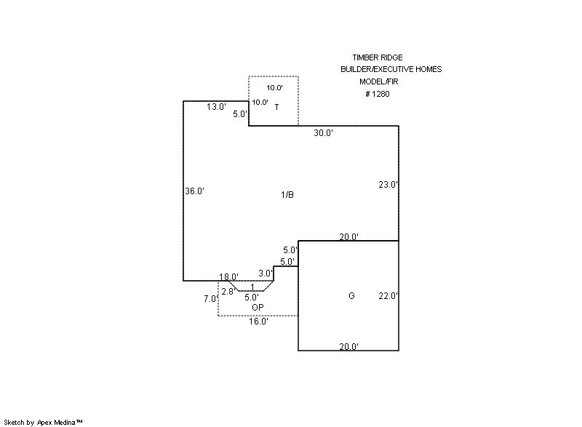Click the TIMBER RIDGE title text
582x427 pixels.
pos(377,57)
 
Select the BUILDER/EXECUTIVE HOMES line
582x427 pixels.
pos(391,69)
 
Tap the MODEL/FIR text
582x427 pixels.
pos(378,81)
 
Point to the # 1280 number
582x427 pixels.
pos(378,94)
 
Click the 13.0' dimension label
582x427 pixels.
pos(216,107)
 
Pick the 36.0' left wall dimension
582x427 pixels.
pos(194,191)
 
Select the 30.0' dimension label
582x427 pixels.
pos(323,133)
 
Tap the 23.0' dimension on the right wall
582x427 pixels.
pos(388,185)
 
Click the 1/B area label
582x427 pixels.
pos(287,194)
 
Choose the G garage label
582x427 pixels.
pos(351,296)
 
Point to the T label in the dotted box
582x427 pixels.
pos(276,107)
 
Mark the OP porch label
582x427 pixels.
pos(258,307)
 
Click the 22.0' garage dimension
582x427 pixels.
pos(388,296)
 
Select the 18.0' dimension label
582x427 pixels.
pos(228,277)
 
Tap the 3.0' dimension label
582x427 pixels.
pos(266,274)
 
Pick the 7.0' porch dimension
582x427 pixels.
pos(210,299)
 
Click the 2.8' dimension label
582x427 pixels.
pos(228,292)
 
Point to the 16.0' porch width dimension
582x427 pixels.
pos(258,321)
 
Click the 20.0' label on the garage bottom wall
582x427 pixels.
pos(348,347)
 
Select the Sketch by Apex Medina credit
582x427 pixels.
pos(43,422)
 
